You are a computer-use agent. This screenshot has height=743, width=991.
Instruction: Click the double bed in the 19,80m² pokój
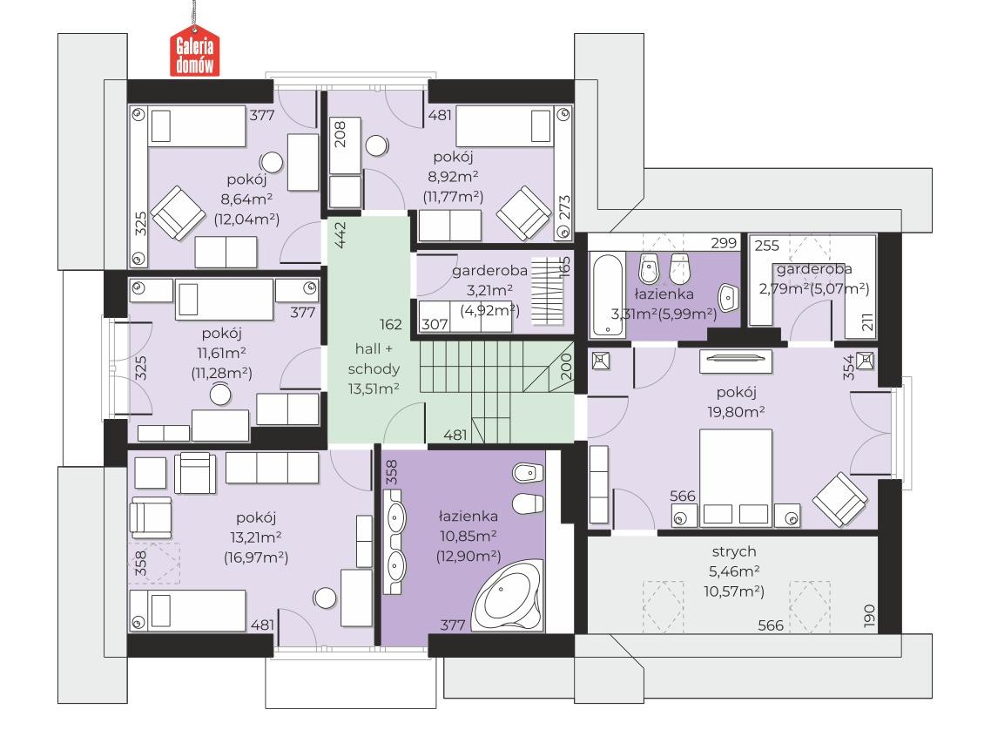(735, 478)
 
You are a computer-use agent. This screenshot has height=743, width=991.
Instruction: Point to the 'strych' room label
(733, 551)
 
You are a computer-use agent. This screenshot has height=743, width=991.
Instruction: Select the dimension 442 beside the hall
(341, 235)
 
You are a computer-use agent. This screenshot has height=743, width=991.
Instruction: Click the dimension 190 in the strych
(867, 616)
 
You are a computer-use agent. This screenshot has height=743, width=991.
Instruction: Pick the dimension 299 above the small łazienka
(724, 244)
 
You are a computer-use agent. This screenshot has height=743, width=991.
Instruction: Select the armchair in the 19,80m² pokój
(840, 500)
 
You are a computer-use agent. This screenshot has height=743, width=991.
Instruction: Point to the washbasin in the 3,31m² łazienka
(728, 296)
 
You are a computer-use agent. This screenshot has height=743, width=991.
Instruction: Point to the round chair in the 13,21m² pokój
(325, 598)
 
